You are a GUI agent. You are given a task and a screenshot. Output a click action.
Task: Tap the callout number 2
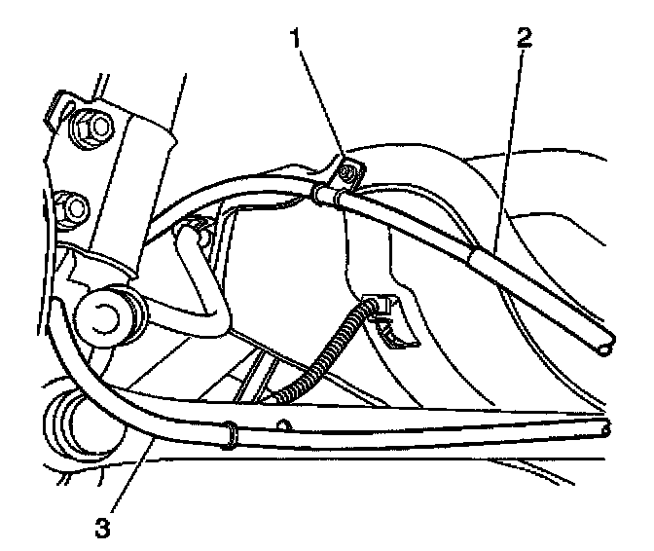point(525,40)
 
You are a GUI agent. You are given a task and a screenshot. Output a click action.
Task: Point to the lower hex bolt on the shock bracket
point(71,205)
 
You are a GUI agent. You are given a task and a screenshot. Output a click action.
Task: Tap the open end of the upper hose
point(606,344)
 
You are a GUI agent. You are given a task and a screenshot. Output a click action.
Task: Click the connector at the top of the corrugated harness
point(384,310)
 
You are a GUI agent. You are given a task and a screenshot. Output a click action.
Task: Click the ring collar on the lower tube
point(231,433)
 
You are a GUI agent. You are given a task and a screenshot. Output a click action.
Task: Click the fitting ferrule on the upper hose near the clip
point(327,195)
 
